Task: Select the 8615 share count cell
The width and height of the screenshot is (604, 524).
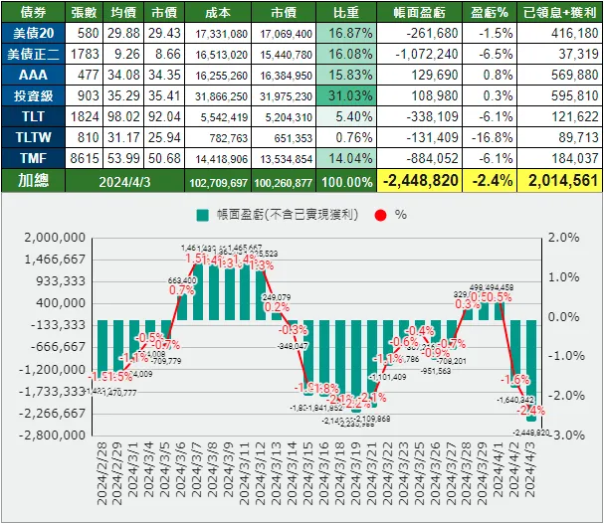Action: point(85,157)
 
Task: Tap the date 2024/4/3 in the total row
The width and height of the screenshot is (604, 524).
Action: point(126,181)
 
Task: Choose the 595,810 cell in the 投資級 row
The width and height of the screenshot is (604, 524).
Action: point(560,95)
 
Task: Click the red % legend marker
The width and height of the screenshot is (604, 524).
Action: point(381,214)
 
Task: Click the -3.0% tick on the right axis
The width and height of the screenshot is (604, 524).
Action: point(564,435)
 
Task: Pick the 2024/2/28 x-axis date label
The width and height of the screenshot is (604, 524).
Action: point(102,477)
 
